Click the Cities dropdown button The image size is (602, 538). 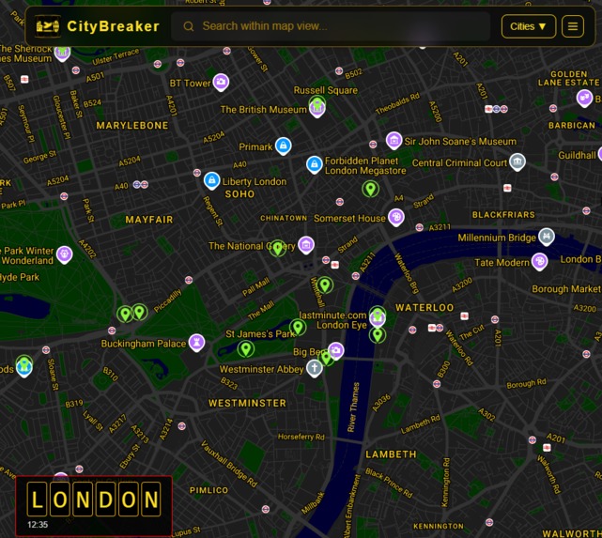[528, 26]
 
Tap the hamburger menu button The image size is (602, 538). [572, 26]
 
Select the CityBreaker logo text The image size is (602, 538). [113, 26]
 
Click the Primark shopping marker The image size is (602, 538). [283, 146]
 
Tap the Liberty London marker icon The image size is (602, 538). [212, 180]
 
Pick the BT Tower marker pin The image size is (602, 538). [221, 83]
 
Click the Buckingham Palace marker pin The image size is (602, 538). [196, 343]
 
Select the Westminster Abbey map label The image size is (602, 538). [261, 369]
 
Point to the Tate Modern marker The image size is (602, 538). [539, 261]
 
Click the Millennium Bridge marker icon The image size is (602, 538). [547, 237]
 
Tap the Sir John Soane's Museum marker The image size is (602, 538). [394, 141]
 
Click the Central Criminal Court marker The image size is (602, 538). [517, 161]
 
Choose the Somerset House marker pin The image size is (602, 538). [396, 217]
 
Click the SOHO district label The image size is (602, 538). [239, 194]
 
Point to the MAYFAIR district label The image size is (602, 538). [149, 220]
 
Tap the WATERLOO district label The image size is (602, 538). [424, 307]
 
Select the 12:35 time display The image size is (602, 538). [38, 525]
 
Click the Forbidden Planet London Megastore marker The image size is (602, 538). [315, 165]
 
